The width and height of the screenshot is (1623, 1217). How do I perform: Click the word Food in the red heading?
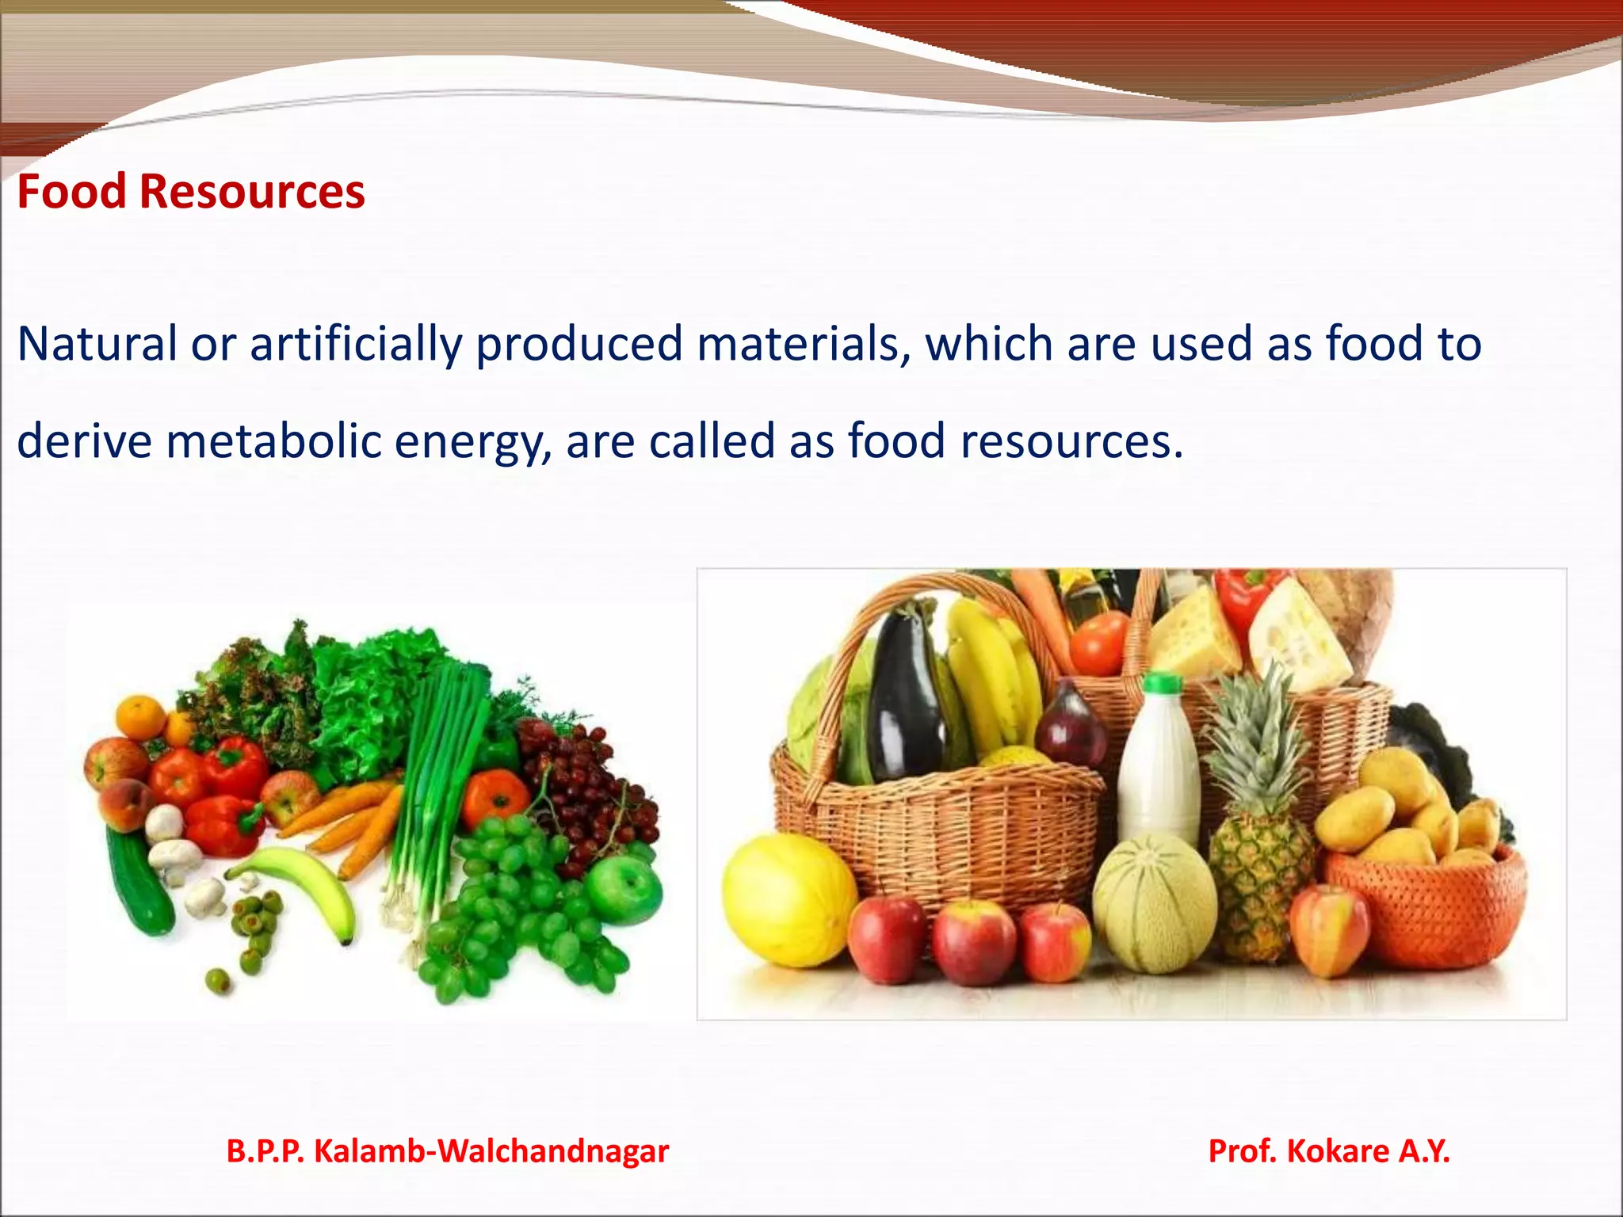point(71,193)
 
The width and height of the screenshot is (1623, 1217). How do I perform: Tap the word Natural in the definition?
point(97,345)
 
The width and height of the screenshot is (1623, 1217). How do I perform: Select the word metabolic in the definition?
point(273,441)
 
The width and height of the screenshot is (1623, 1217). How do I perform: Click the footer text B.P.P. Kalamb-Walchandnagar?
point(448,1151)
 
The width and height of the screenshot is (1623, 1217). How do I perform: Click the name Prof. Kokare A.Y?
point(1329,1151)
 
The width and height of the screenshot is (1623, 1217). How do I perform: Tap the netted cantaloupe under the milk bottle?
point(1155,903)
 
